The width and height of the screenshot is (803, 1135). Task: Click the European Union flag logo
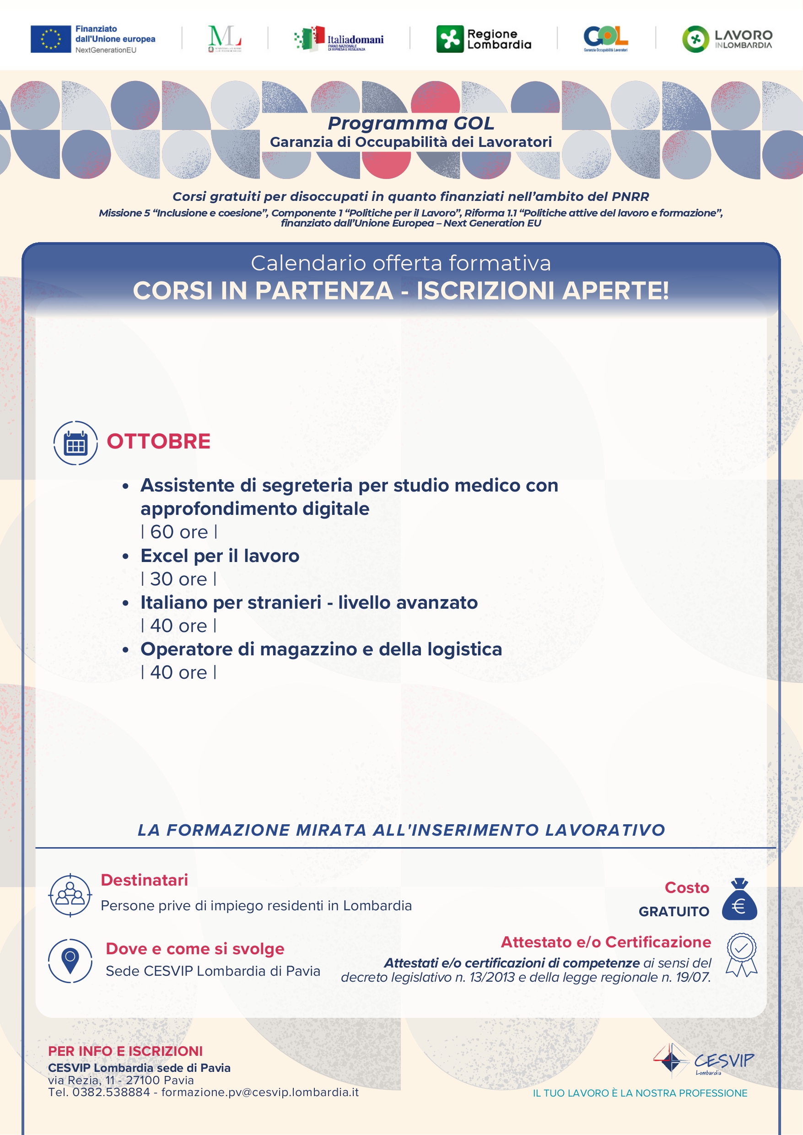[x=50, y=39]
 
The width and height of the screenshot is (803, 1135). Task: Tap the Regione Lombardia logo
[x=484, y=39]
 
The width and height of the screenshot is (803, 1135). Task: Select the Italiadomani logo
[x=339, y=39]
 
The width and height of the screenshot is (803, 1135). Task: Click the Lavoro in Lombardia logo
[x=727, y=39]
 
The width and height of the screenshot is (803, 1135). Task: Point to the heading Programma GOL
[x=410, y=123]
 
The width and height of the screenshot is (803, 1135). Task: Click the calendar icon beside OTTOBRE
[x=75, y=443]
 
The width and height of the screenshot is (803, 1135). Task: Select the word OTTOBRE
[x=159, y=441]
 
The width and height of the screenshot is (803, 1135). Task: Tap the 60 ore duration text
[x=179, y=532]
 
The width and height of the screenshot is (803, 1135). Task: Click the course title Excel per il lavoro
[x=220, y=556]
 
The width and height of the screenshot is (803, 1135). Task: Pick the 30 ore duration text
[x=179, y=579]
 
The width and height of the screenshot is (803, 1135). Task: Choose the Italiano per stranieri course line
[x=309, y=602]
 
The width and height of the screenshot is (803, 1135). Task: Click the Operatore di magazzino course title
[x=321, y=649]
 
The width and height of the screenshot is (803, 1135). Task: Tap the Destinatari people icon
[x=70, y=895]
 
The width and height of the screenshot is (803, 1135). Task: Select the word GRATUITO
[x=674, y=912]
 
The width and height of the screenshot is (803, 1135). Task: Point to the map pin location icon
[x=70, y=961]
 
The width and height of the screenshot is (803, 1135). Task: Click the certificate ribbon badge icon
[x=741, y=955]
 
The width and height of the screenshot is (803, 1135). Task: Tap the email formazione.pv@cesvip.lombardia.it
[x=260, y=1092]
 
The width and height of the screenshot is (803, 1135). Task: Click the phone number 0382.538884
[x=111, y=1092]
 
